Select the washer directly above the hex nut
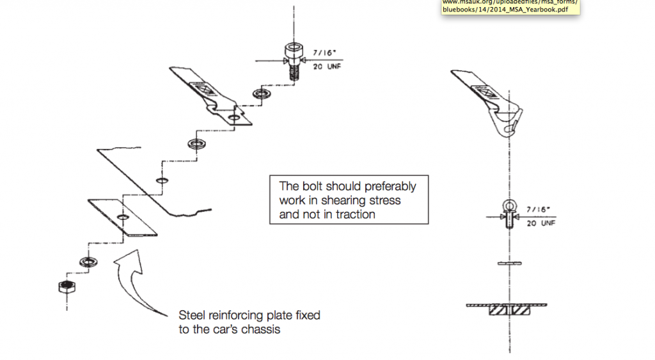(x=86, y=262)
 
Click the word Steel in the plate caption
(x=193, y=316)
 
